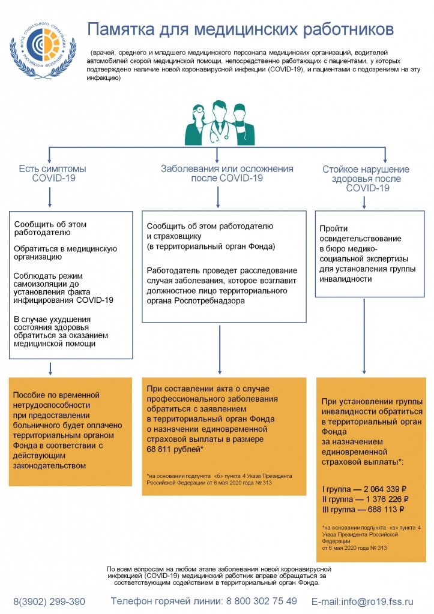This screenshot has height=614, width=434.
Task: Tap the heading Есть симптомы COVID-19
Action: click(x=52, y=173)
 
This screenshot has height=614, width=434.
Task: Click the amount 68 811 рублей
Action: click(x=174, y=449)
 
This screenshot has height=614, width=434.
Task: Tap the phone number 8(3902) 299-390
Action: click(x=49, y=601)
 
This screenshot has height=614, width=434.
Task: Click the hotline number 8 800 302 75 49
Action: click(x=261, y=601)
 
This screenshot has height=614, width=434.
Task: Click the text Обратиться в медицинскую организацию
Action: click(x=65, y=252)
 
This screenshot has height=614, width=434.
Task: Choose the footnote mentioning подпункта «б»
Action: click(x=207, y=479)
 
